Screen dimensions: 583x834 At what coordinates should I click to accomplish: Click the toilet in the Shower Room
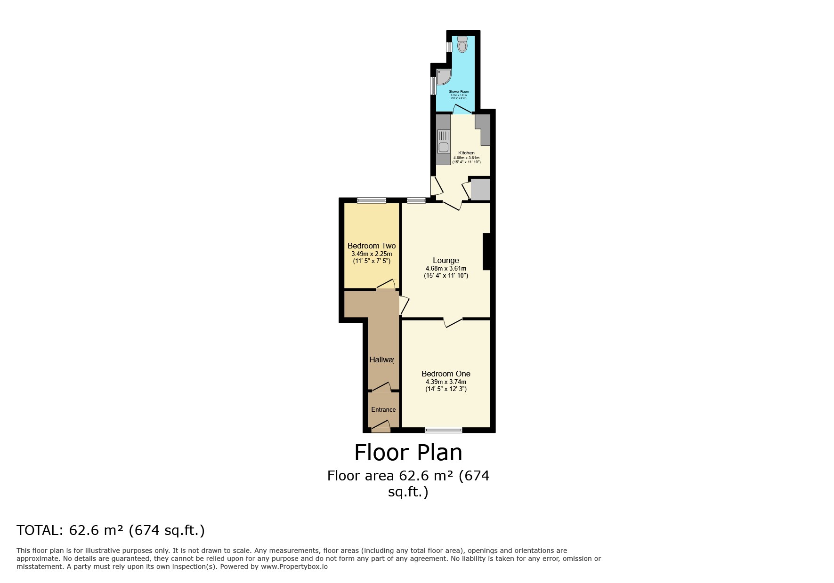pos(462,45)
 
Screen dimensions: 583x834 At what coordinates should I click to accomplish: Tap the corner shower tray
pos(443,77)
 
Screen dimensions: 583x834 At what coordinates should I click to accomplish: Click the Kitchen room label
pos(466,153)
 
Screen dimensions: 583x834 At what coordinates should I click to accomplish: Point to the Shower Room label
pos(459,92)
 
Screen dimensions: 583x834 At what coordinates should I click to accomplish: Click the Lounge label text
pos(445,260)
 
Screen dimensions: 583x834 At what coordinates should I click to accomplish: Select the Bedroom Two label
pos(372,246)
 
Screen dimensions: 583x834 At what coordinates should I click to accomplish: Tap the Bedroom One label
pos(445,374)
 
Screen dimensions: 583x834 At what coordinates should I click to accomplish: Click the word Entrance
pos(383,409)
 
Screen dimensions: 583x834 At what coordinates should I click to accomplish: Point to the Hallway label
pos(381,359)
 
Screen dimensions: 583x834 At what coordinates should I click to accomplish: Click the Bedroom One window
pos(443,430)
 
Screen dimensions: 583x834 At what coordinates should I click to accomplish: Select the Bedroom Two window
pos(372,200)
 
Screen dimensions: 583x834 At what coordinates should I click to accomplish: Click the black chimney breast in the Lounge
pos(487,251)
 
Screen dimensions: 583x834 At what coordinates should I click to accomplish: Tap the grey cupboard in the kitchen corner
pos(480,189)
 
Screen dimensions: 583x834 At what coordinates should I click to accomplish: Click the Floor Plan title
pos(408,453)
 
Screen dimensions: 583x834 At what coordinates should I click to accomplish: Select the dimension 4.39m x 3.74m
pos(445,382)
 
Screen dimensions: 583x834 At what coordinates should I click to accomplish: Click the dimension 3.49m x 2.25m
pos(372,254)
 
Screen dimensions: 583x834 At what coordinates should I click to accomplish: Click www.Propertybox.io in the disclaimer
pos(294,567)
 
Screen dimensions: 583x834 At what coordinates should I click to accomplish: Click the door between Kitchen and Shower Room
pos(462,110)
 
